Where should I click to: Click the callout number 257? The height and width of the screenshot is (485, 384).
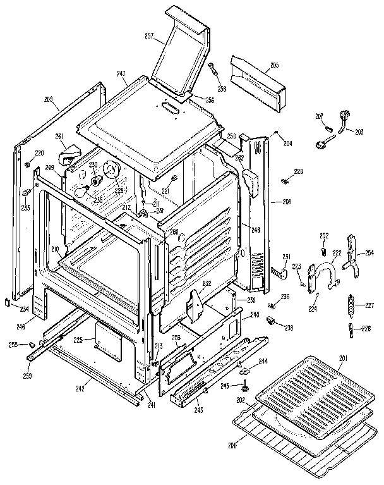coord(150,37)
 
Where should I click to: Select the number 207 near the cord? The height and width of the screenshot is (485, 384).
coord(320,116)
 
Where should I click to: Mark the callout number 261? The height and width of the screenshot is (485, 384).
coord(59,136)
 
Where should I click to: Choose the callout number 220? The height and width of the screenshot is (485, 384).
coord(39,153)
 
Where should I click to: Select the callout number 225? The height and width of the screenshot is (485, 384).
coord(78,340)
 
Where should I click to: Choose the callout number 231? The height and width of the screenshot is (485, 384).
coord(286,256)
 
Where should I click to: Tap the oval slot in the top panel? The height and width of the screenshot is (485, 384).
coord(170,110)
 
